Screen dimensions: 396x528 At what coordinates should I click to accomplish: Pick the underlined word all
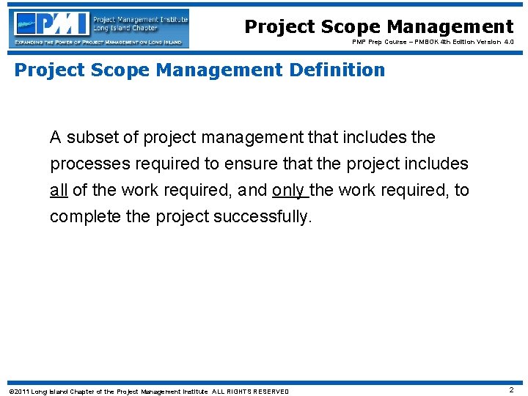point(59,190)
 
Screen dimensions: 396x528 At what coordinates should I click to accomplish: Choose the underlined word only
point(289,190)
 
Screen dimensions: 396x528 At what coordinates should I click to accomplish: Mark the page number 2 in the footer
point(511,390)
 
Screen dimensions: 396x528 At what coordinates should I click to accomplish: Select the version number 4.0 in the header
point(507,43)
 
